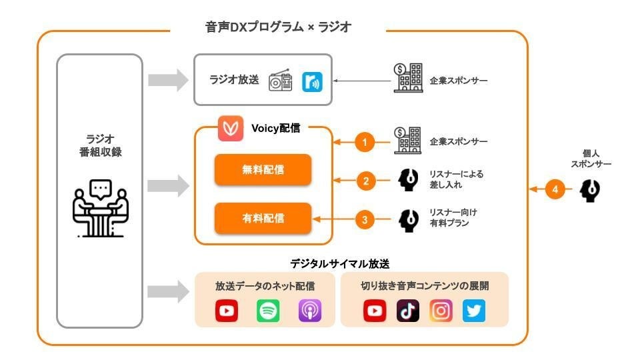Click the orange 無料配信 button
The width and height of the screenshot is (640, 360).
[263, 170]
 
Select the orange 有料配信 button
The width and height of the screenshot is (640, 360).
[263, 218]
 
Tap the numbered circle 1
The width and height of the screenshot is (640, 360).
[365, 142]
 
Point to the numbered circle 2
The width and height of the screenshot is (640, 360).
[365, 180]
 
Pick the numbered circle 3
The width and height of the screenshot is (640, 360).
[365, 219]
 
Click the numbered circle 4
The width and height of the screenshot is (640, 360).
[555, 190]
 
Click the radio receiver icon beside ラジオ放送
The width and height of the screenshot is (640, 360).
[280, 81]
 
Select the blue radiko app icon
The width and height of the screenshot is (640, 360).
[311, 81]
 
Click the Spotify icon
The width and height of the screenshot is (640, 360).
[268, 311]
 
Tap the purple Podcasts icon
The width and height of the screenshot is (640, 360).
[309, 311]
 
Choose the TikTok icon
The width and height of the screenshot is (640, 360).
[407, 311]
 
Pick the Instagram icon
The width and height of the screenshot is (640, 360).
[441, 311]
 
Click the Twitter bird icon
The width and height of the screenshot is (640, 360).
[474, 311]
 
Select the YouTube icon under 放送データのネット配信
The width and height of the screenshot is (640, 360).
[227, 311]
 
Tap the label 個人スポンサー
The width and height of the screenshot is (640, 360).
[591, 158]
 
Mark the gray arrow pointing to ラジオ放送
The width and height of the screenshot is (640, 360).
[167, 80]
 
